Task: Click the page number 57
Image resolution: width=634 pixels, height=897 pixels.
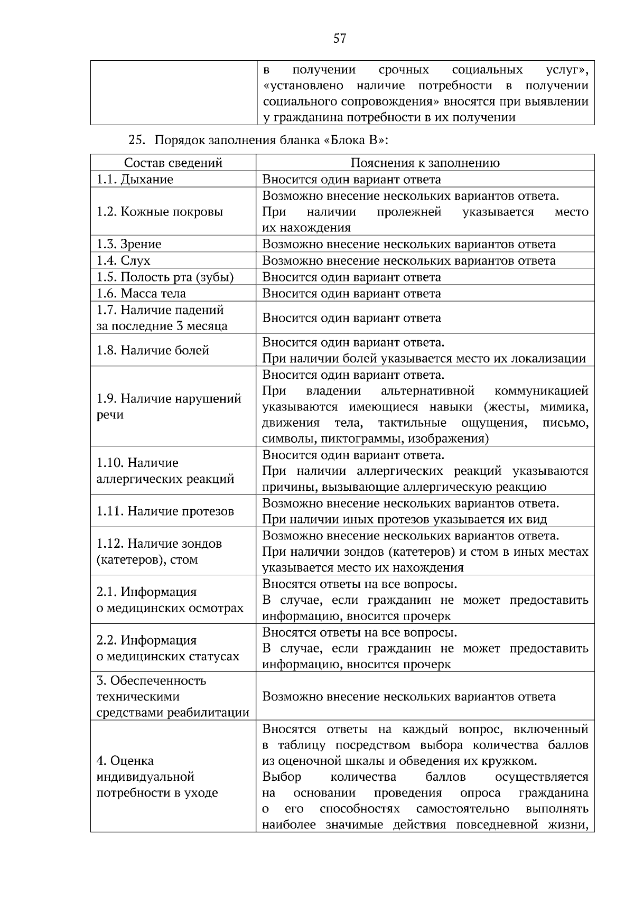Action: click(340, 38)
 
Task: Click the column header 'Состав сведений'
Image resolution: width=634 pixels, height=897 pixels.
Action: click(173, 163)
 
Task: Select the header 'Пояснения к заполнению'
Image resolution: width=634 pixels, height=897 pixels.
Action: click(425, 163)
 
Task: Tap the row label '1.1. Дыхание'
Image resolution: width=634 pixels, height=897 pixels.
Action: click(135, 179)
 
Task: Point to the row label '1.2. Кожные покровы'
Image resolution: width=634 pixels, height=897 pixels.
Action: click(160, 212)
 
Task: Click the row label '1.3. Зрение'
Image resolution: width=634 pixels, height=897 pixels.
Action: click(128, 244)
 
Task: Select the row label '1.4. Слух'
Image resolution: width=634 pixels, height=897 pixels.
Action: click(123, 260)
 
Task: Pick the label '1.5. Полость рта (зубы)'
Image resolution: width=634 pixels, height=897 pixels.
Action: click(165, 277)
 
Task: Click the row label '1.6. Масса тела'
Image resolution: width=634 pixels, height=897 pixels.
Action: click(141, 293)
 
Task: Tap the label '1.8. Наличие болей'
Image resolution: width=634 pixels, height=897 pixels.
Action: click(153, 350)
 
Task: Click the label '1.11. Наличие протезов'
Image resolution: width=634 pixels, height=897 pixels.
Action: click(165, 511)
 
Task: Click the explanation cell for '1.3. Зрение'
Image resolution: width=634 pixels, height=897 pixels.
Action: click(409, 244)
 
